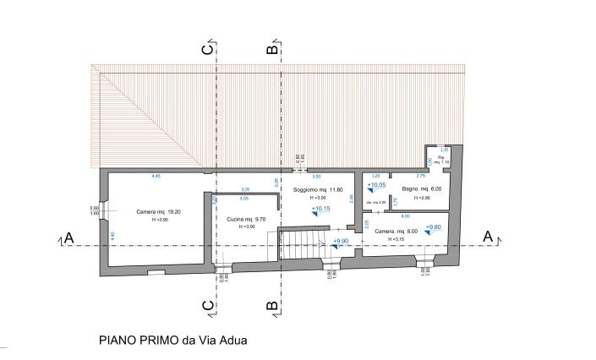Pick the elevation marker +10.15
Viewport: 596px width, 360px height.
(x=320, y=210)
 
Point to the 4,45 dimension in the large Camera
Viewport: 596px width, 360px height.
(x=156, y=176)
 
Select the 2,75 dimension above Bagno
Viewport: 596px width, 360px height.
(x=420, y=176)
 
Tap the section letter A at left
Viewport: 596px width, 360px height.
(x=69, y=239)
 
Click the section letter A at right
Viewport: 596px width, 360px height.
(x=487, y=238)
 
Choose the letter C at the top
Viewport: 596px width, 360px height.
(x=207, y=49)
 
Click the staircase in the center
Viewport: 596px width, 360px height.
(x=302, y=246)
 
